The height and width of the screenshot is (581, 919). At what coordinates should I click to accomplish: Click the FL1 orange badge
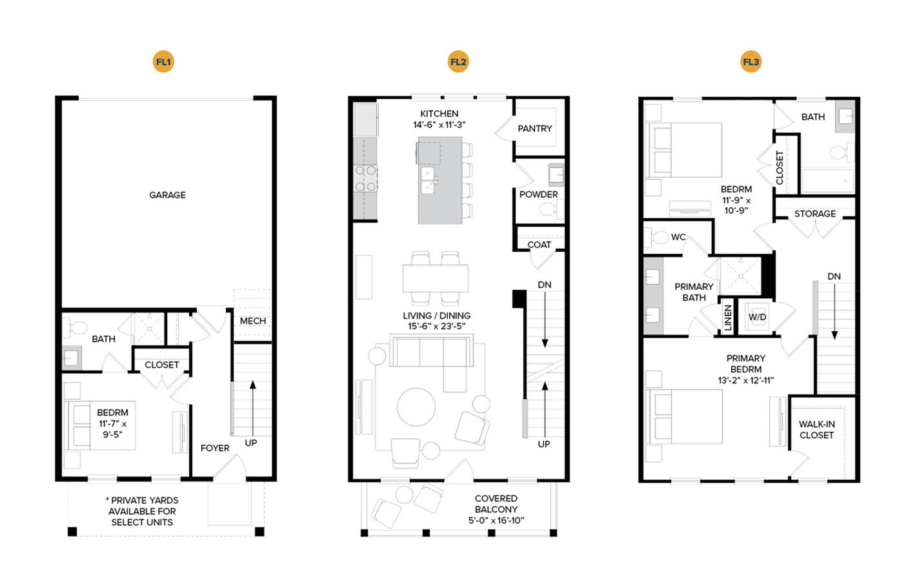[x=163, y=62]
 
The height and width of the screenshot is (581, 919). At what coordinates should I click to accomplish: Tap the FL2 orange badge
[x=458, y=62]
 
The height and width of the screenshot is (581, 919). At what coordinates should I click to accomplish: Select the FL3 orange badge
[x=751, y=62]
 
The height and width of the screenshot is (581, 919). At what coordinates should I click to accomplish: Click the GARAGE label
[x=167, y=195]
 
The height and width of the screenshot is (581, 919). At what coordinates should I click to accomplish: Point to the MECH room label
[x=253, y=321]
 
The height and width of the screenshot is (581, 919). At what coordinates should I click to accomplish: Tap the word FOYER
[x=215, y=448]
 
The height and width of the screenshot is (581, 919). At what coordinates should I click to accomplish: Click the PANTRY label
[x=534, y=128]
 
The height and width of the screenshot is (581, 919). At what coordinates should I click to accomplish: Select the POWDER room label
[x=538, y=194]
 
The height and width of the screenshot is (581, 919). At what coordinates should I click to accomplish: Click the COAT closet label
[x=539, y=245]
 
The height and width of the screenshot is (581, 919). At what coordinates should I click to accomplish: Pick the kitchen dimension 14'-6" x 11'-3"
[x=439, y=125]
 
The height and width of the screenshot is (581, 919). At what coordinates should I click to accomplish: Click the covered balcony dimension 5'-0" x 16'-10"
[x=496, y=520]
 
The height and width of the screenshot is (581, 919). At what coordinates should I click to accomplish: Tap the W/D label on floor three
[x=757, y=317]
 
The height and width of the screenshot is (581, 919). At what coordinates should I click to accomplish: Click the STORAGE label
[x=815, y=214]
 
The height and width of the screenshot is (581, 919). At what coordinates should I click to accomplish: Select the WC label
[x=678, y=237]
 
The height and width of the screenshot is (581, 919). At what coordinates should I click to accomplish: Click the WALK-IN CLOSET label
[x=816, y=429]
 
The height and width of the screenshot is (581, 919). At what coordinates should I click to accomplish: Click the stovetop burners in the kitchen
[x=365, y=178]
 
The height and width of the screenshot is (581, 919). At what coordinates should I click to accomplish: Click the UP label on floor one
[x=250, y=443]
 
